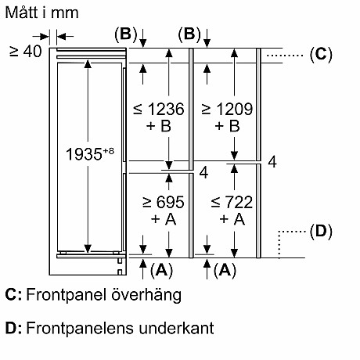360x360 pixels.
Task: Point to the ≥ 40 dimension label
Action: [x=24, y=52]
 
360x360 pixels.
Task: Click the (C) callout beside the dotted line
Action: [x=321, y=54]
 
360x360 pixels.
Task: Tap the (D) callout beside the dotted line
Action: [x=321, y=232]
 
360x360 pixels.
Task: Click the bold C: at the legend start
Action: [x=13, y=295]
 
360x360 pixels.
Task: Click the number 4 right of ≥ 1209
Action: [x=272, y=163]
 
